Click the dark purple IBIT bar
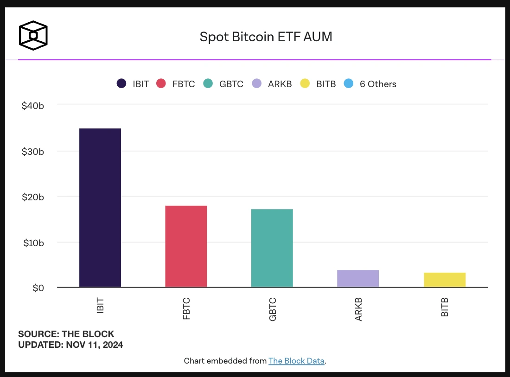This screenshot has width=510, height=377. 100,208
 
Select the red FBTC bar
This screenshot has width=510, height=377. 186,246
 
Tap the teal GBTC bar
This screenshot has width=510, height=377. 272,248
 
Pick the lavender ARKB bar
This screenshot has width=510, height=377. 358,278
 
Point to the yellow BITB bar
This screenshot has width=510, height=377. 445,280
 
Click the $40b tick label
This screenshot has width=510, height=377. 32,106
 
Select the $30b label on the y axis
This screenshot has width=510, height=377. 32,151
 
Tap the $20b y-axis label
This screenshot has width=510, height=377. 32,197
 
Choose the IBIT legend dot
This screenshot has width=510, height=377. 121,84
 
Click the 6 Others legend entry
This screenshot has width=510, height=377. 378,84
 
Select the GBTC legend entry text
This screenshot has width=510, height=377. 231,84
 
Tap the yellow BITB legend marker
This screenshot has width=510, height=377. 305,84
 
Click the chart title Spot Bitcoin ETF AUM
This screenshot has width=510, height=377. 266,37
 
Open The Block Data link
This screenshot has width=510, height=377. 296,361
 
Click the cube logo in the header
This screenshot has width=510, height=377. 33,35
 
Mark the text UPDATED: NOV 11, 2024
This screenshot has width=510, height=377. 70,345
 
